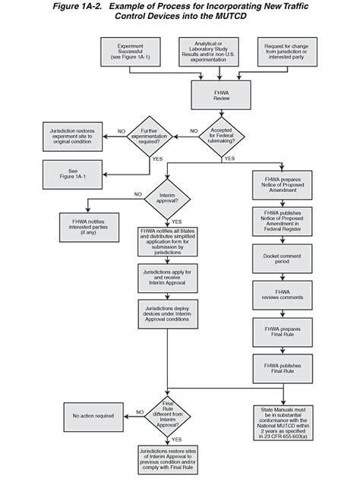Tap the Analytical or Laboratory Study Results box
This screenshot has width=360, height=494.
(207, 52)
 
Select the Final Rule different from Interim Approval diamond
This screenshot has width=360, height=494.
(167, 414)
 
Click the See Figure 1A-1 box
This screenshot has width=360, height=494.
(73, 174)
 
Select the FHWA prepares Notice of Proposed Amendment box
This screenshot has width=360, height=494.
(283, 186)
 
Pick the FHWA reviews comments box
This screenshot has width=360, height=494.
(283, 295)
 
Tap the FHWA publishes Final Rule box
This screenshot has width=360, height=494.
(283, 368)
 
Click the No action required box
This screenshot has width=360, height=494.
(93, 415)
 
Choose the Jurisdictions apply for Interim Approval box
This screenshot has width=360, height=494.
(167, 277)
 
